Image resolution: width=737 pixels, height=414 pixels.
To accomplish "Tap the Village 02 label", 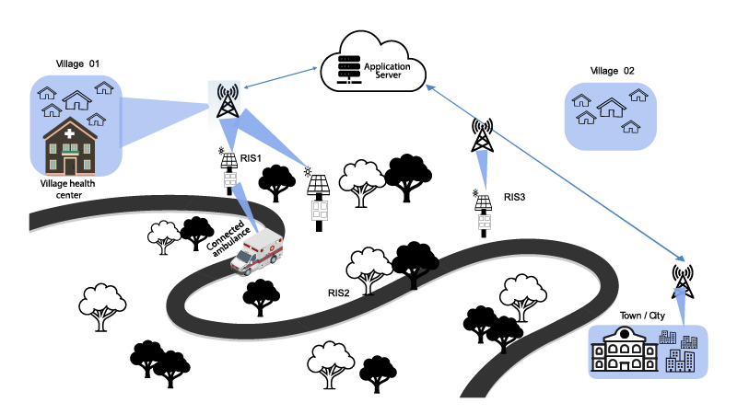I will coord(613,70).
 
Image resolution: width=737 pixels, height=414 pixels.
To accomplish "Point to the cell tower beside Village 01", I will coord(227,100).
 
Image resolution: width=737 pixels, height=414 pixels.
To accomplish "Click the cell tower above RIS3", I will coord(481,134).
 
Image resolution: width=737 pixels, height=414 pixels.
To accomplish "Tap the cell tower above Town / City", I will coord(682,279).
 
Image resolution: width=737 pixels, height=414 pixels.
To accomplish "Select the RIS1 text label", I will coord(252,158).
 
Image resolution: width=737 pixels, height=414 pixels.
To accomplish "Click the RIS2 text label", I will coord(340,293).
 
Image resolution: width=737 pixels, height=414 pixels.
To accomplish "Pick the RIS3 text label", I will coord(515,197).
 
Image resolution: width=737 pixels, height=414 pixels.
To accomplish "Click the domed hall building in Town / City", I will coord(622,354).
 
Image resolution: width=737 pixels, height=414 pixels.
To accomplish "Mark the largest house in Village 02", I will coord(611,109).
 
